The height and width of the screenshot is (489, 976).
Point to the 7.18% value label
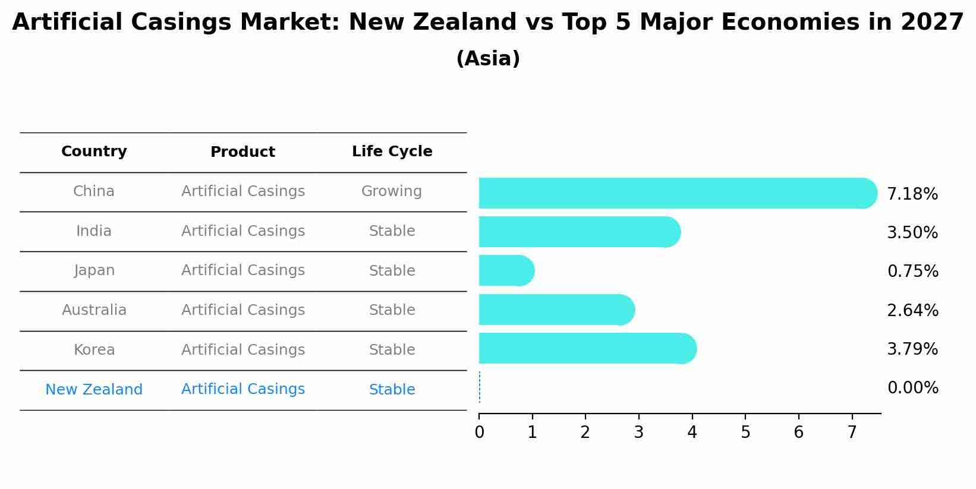[x=912, y=194]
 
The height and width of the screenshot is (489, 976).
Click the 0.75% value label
[x=912, y=272]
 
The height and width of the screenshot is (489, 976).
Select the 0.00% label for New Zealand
[x=912, y=388]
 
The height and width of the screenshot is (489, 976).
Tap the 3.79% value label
[x=912, y=349]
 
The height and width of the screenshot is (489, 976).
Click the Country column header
[x=94, y=152]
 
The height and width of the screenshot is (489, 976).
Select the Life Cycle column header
[x=392, y=152]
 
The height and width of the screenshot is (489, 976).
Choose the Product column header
[x=243, y=152]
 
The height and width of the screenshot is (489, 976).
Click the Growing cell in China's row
[x=391, y=191]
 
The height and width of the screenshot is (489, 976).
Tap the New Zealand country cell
[x=94, y=390]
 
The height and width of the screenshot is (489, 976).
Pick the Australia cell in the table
[x=94, y=310]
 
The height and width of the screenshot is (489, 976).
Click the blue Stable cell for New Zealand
[x=392, y=390]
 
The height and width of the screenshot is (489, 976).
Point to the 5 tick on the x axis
[x=745, y=433]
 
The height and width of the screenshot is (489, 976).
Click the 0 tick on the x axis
[x=479, y=433]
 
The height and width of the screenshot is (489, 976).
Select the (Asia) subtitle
[x=488, y=59]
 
